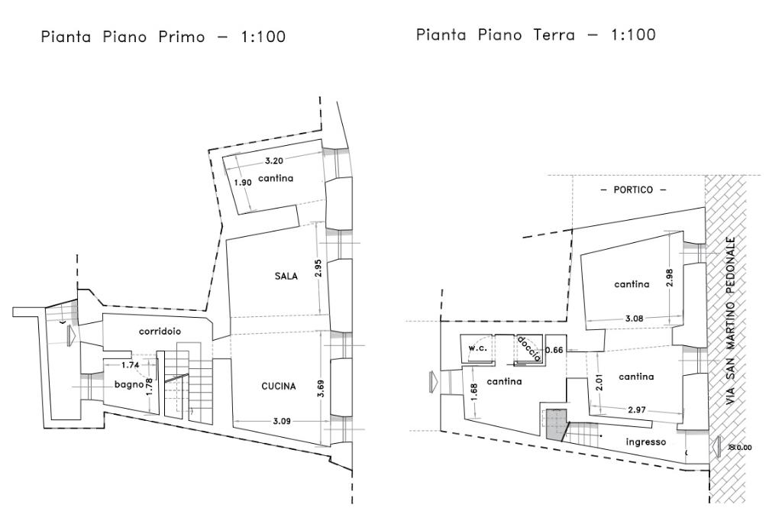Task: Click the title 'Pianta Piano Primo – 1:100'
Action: (x=163, y=37)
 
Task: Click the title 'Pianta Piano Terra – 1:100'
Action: (x=535, y=35)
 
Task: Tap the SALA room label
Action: (x=286, y=276)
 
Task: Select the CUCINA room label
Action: (x=279, y=386)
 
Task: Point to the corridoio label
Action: (x=160, y=332)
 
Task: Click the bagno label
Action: (x=129, y=384)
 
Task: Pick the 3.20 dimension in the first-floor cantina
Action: (x=274, y=160)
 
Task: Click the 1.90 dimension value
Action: (x=242, y=183)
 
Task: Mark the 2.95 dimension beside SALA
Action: (x=319, y=268)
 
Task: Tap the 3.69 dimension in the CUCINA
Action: (x=321, y=389)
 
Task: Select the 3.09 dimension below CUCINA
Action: (x=282, y=421)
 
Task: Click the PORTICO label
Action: (x=633, y=190)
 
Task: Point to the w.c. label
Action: (x=478, y=348)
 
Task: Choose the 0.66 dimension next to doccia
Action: (x=554, y=350)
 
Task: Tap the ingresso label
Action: (x=646, y=442)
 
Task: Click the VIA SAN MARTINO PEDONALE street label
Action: (x=731, y=321)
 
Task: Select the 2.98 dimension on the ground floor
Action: (x=669, y=277)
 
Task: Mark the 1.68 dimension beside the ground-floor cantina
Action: (x=474, y=391)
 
